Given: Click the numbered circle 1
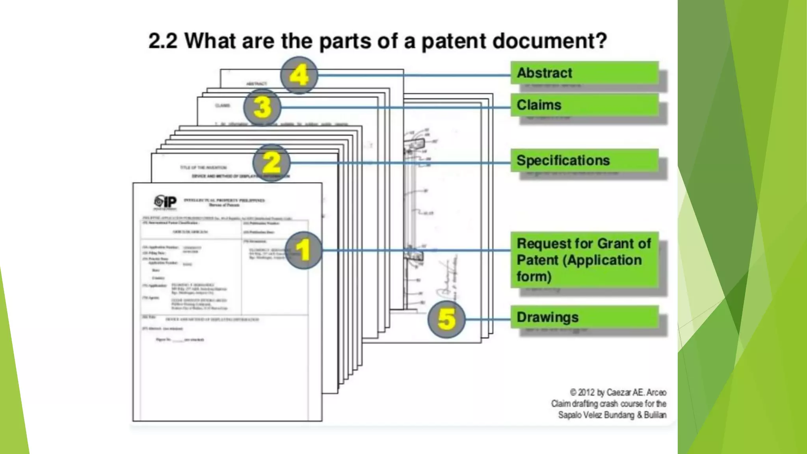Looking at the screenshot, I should point(303,250).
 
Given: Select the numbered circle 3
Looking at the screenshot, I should point(262,107).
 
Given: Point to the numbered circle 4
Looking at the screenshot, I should point(299,75).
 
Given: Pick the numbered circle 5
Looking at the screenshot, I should point(446,319).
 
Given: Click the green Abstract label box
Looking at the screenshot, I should point(584,73).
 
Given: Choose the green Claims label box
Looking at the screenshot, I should point(584,105).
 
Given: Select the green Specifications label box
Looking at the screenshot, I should point(584,160).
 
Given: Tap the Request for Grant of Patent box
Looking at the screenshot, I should point(584,260).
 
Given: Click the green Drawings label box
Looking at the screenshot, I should point(584,317).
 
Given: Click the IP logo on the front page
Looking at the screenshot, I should point(165,202).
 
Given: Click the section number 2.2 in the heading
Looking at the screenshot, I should point(163,41).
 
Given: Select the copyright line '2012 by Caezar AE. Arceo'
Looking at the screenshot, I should point(618,393).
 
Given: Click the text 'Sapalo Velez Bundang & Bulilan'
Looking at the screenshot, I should point(612,415).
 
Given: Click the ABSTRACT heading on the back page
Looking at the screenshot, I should point(257,84).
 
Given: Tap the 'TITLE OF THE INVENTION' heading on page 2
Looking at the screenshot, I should point(203,167).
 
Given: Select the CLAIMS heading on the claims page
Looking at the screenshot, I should point(223,106).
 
